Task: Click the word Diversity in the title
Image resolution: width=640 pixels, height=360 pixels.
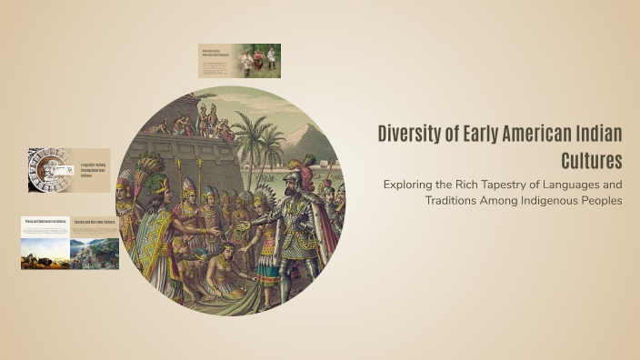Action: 409,135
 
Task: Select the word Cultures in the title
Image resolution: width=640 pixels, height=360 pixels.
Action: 593,161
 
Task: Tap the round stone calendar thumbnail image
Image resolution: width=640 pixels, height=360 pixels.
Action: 45,170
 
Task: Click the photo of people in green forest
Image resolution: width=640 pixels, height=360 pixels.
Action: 259,60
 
